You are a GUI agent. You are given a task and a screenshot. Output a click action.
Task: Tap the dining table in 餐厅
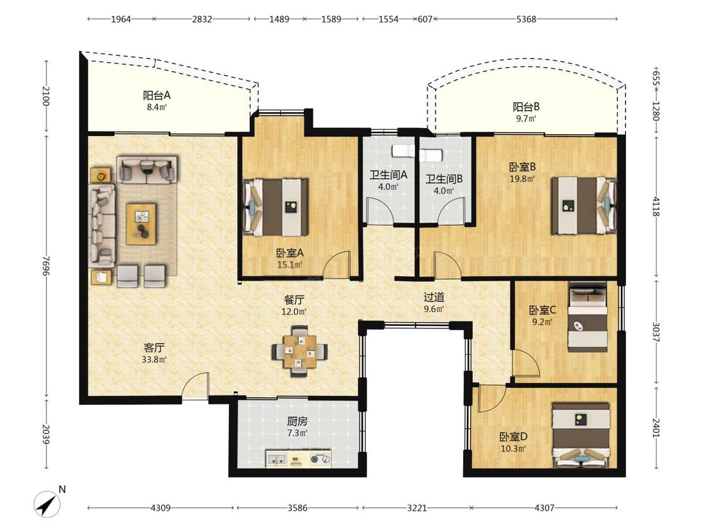300,351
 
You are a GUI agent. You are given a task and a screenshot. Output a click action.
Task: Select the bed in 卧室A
275,207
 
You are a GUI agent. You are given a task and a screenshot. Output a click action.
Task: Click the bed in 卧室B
584,205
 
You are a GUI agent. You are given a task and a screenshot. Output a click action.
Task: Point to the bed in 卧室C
588,317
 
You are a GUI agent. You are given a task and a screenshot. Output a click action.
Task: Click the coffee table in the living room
141,224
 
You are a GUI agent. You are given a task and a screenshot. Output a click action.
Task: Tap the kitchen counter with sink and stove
299,459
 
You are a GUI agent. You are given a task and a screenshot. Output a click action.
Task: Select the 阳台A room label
157,95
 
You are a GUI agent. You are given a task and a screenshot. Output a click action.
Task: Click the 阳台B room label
526,107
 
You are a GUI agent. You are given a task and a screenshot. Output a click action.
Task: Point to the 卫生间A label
389,175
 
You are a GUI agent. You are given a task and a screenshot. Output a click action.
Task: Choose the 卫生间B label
444,179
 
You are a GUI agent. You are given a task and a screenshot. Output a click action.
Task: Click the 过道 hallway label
434,297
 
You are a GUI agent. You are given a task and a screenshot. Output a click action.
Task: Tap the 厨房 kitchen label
297,421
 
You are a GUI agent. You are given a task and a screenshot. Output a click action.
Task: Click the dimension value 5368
526,19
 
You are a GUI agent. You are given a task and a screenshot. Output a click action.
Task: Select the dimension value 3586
297,508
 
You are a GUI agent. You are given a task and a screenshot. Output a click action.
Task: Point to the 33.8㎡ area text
154,360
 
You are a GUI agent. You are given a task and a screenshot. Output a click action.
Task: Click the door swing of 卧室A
337,264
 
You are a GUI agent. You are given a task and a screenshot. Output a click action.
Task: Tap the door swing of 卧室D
489,398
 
